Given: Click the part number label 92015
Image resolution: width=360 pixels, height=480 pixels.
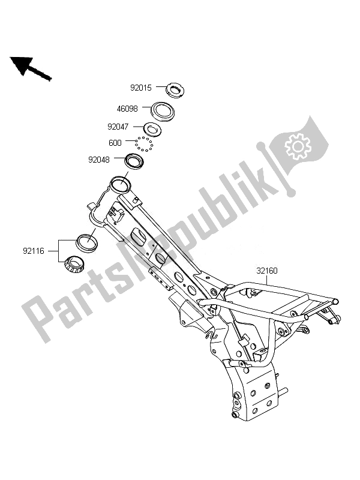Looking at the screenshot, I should [143, 88].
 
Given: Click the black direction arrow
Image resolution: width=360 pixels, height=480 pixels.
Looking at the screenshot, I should [30, 68].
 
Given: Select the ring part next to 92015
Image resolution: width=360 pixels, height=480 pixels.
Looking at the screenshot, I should [175, 89].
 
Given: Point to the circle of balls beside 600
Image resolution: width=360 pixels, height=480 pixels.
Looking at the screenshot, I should [144, 145].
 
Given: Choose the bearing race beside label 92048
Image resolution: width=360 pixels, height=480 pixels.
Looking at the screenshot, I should [136, 161].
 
